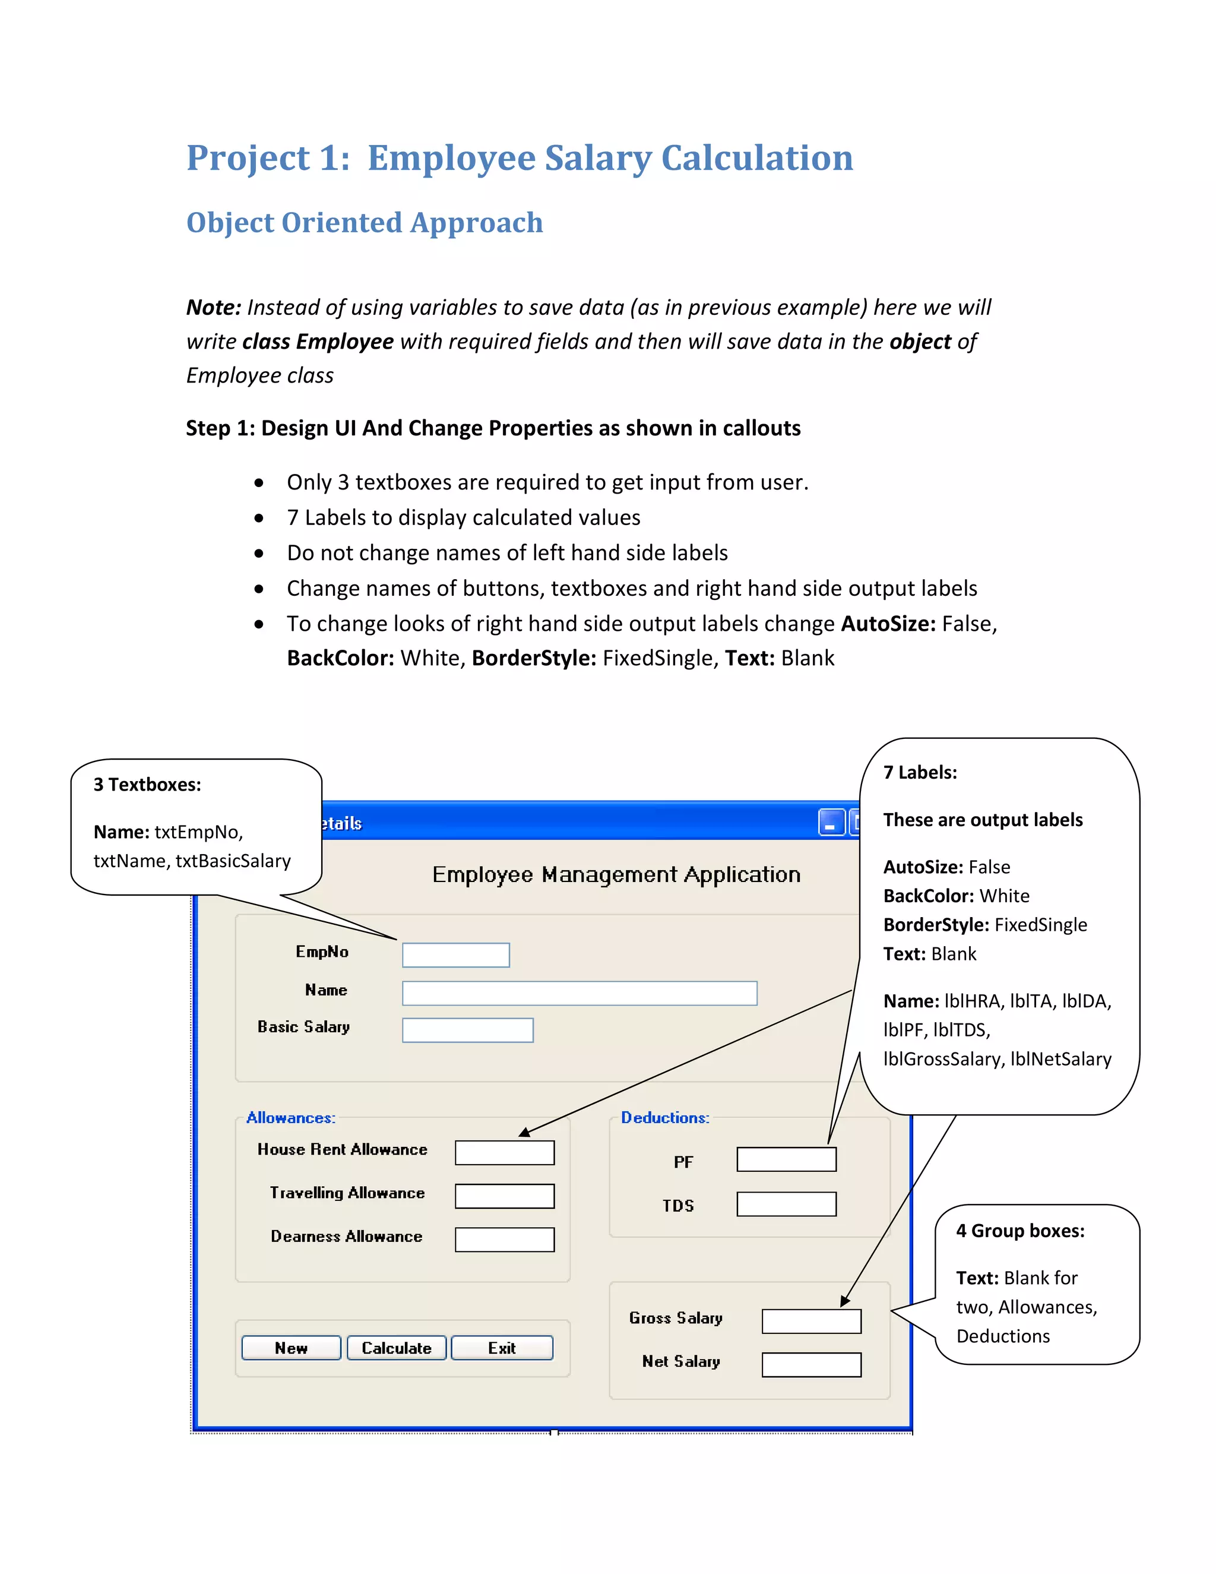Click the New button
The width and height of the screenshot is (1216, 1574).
pyautogui.click(x=291, y=1348)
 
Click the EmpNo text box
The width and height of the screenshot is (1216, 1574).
pyautogui.click(x=455, y=955)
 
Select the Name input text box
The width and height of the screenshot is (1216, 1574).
pyautogui.click(x=579, y=993)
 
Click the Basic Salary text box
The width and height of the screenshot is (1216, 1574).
pyautogui.click(x=467, y=1030)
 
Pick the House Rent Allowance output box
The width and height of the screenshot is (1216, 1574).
pyautogui.click(x=504, y=1152)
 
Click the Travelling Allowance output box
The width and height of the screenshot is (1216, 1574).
pyautogui.click(x=504, y=1196)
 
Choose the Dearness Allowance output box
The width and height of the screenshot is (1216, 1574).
pyautogui.click(x=504, y=1240)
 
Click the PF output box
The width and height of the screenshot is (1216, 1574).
pyautogui.click(x=786, y=1159)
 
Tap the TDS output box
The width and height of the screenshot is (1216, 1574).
pyautogui.click(x=786, y=1203)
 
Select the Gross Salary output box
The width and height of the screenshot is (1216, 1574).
pyautogui.click(x=811, y=1321)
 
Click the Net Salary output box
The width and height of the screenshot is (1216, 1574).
pyautogui.click(x=811, y=1364)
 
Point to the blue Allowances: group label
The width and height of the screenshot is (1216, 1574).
pyautogui.click(x=290, y=1118)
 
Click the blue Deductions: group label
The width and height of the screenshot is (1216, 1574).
pyautogui.click(x=665, y=1118)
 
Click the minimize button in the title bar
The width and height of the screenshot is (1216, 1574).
pyautogui.click(x=831, y=822)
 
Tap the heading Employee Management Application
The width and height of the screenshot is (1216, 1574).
pyautogui.click(x=616, y=874)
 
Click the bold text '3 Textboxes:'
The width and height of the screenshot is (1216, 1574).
pyautogui.click(x=147, y=785)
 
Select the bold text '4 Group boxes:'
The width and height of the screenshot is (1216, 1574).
pyautogui.click(x=1020, y=1231)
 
